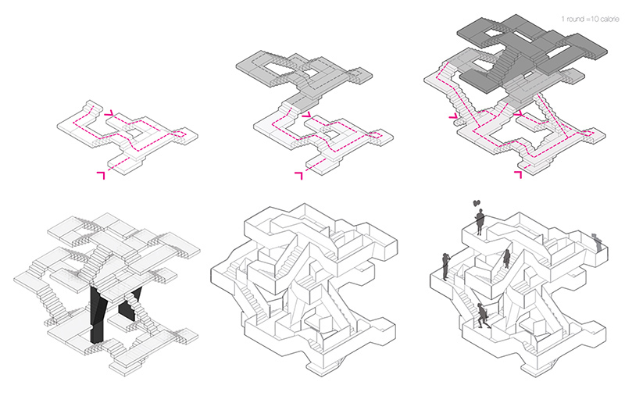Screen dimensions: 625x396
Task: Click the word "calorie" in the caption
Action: [608, 19]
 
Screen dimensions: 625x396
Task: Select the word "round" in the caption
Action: [575, 19]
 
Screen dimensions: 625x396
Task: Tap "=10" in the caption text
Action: [591, 19]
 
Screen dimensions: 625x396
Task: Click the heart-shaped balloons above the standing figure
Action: [477, 203]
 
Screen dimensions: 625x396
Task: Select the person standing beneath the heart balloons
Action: [480, 222]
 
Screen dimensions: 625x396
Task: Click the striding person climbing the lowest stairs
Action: [483, 316]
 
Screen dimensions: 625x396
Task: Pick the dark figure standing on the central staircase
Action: [507, 259]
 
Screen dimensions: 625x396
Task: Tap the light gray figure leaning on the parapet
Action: [597, 243]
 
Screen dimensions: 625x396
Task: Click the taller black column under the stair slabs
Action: [98, 315]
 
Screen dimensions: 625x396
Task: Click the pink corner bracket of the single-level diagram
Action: [101, 175]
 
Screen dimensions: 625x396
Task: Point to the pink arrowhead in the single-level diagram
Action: [109, 114]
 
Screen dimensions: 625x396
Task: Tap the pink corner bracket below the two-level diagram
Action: [298, 175]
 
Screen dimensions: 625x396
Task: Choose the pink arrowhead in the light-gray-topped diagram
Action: [306, 115]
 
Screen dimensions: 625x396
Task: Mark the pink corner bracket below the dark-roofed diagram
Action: [518, 174]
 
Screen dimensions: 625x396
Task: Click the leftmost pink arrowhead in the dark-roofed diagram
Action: [453, 116]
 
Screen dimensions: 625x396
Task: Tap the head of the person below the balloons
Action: [480, 211]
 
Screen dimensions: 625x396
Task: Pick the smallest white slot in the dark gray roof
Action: [527, 74]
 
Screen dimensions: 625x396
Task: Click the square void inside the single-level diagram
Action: [135, 133]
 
